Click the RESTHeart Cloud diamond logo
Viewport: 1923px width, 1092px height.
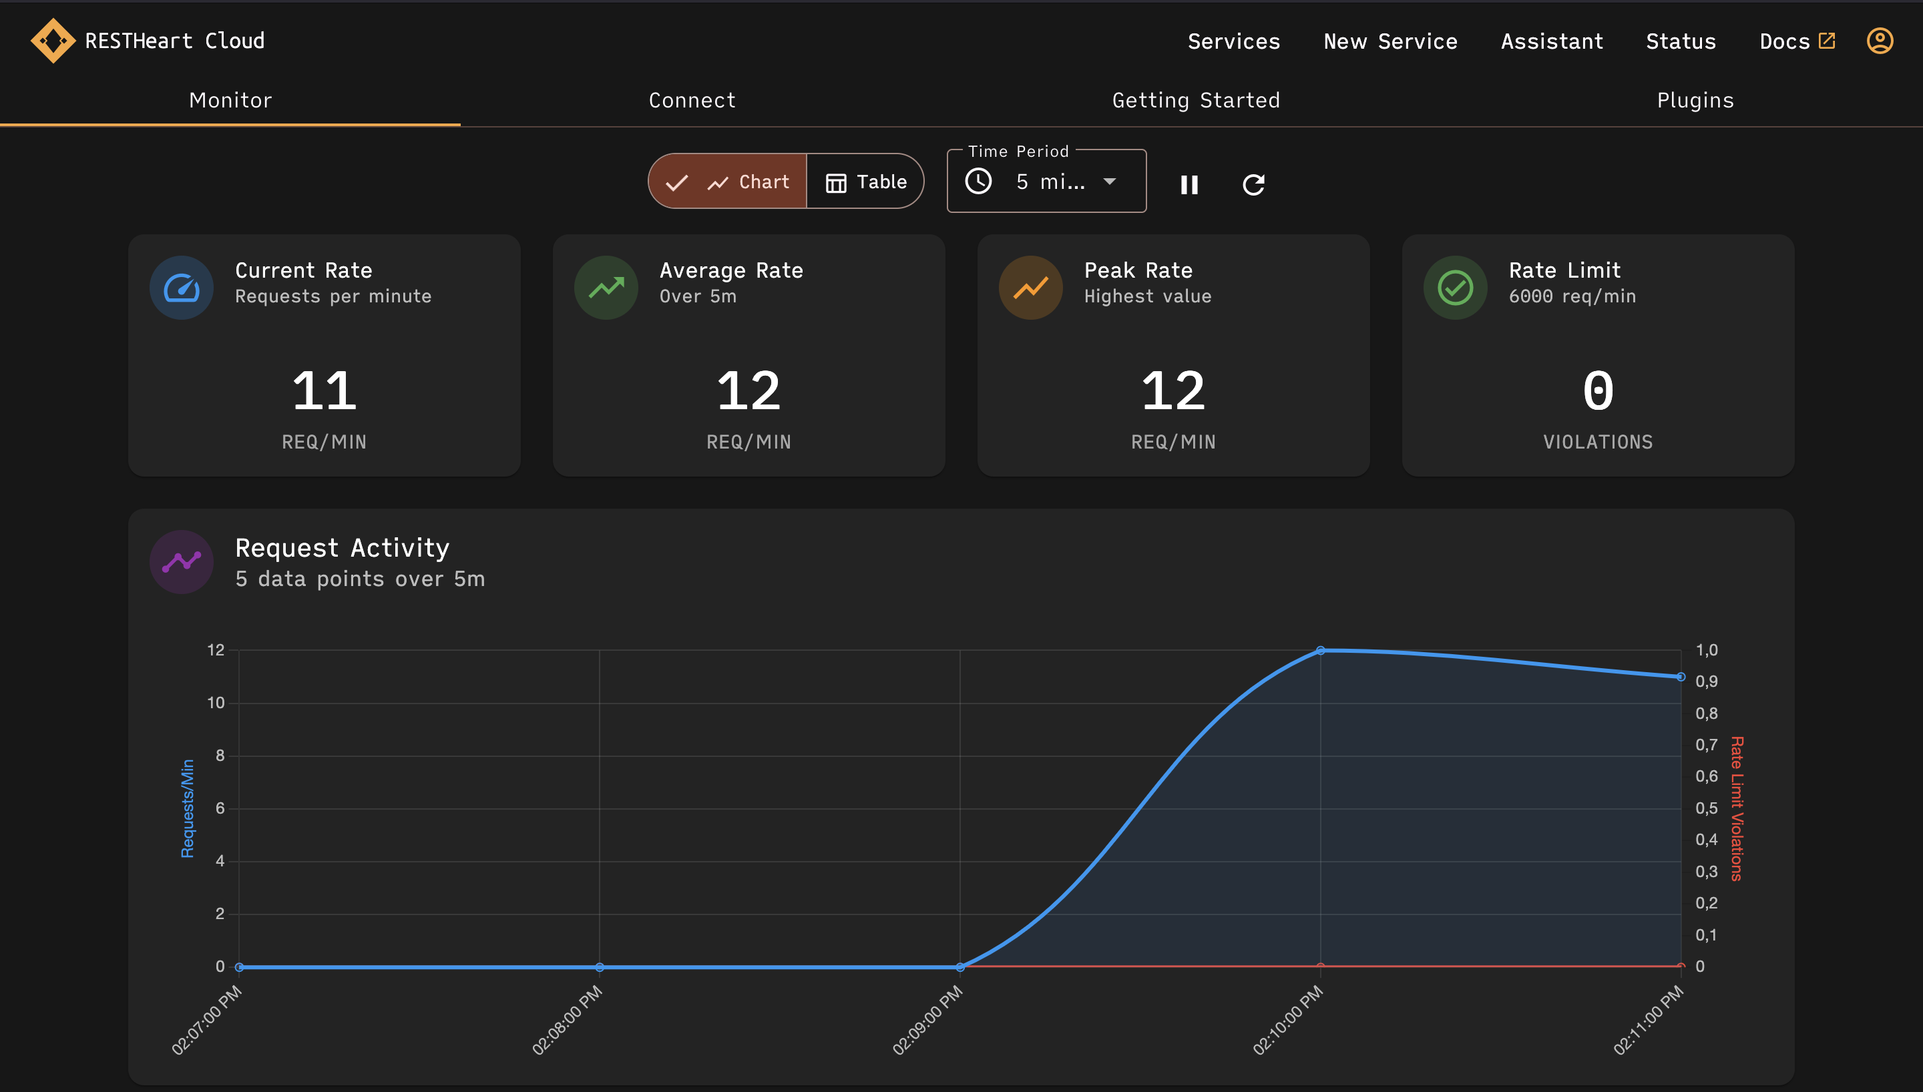click(x=53, y=41)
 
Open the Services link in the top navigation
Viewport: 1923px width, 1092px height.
click(x=1234, y=41)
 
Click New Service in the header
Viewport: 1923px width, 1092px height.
click(x=1390, y=41)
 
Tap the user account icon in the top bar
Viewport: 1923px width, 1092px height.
click(x=1880, y=41)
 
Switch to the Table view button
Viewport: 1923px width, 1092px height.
click(x=865, y=182)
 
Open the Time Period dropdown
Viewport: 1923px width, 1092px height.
click(x=1046, y=182)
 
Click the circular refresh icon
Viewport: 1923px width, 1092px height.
click(x=1253, y=184)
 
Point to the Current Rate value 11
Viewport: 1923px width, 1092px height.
click(x=324, y=390)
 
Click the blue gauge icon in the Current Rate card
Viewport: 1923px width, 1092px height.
click(x=182, y=288)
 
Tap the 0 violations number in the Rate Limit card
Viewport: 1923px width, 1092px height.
click(x=1598, y=390)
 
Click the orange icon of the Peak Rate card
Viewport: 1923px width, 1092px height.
click(x=1030, y=288)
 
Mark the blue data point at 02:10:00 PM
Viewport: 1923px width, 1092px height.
click(x=1320, y=650)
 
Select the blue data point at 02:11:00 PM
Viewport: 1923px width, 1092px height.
click(x=1680, y=677)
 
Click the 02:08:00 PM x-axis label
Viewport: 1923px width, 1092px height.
click(x=568, y=1020)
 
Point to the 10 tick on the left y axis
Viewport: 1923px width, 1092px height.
click(x=216, y=703)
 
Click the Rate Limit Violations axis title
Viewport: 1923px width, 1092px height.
click(x=1736, y=808)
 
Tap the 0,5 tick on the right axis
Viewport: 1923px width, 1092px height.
click(x=1706, y=808)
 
